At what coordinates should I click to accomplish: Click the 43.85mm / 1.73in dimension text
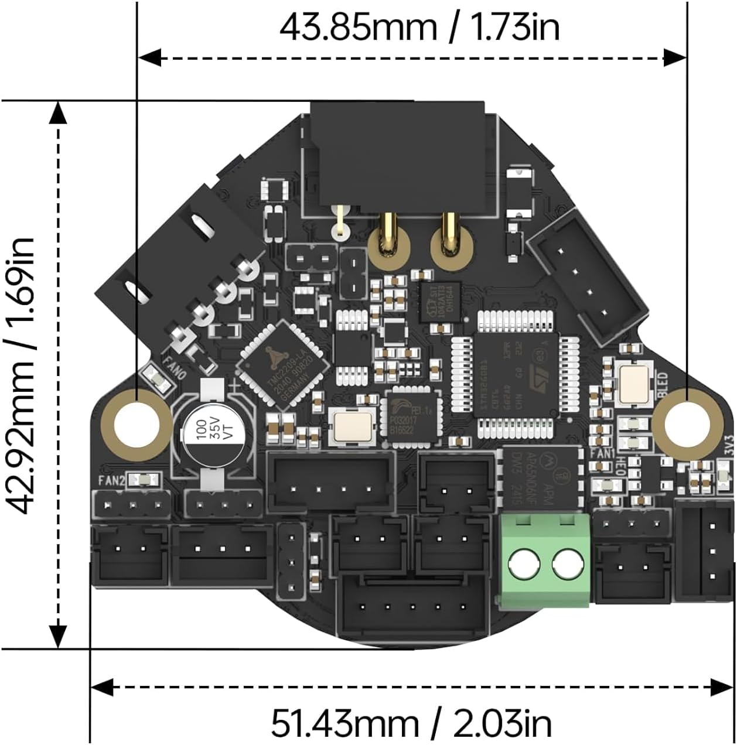[x=419, y=28]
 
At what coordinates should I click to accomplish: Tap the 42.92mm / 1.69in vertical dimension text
[x=22, y=375]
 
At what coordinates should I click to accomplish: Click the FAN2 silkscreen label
[x=111, y=481]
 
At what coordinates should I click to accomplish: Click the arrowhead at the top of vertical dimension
[x=57, y=112]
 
